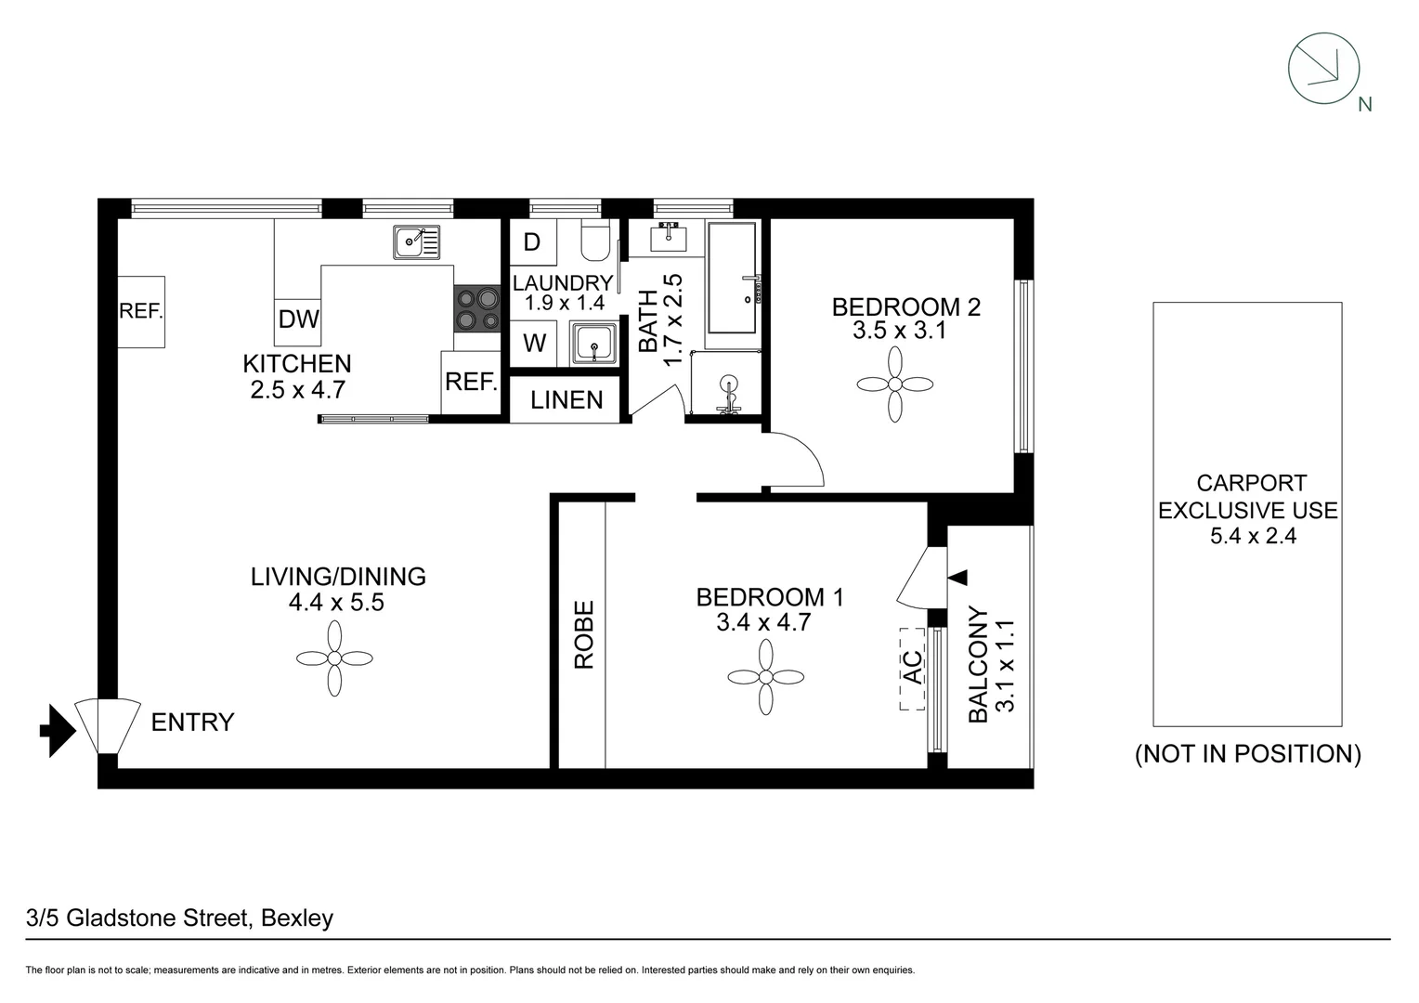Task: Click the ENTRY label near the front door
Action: tap(192, 722)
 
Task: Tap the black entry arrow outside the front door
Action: tap(58, 729)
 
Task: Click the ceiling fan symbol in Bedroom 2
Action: tap(894, 384)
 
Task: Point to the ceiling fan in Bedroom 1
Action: tap(765, 678)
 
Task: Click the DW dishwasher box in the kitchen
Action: tap(298, 319)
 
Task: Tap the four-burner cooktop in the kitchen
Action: tap(477, 309)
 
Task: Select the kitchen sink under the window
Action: tap(417, 242)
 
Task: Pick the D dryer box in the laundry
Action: tap(532, 242)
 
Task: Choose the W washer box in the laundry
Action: tap(534, 343)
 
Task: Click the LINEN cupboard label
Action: tap(566, 400)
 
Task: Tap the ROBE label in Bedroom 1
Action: tap(583, 634)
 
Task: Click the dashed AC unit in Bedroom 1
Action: tap(913, 668)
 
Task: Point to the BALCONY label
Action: tap(978, 665)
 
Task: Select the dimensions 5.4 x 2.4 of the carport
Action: tap(1253, 535)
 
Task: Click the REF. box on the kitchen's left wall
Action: tap(141, 312)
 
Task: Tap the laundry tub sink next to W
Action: tap(594, 344)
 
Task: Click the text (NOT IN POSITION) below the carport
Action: tap(1248, 754)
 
